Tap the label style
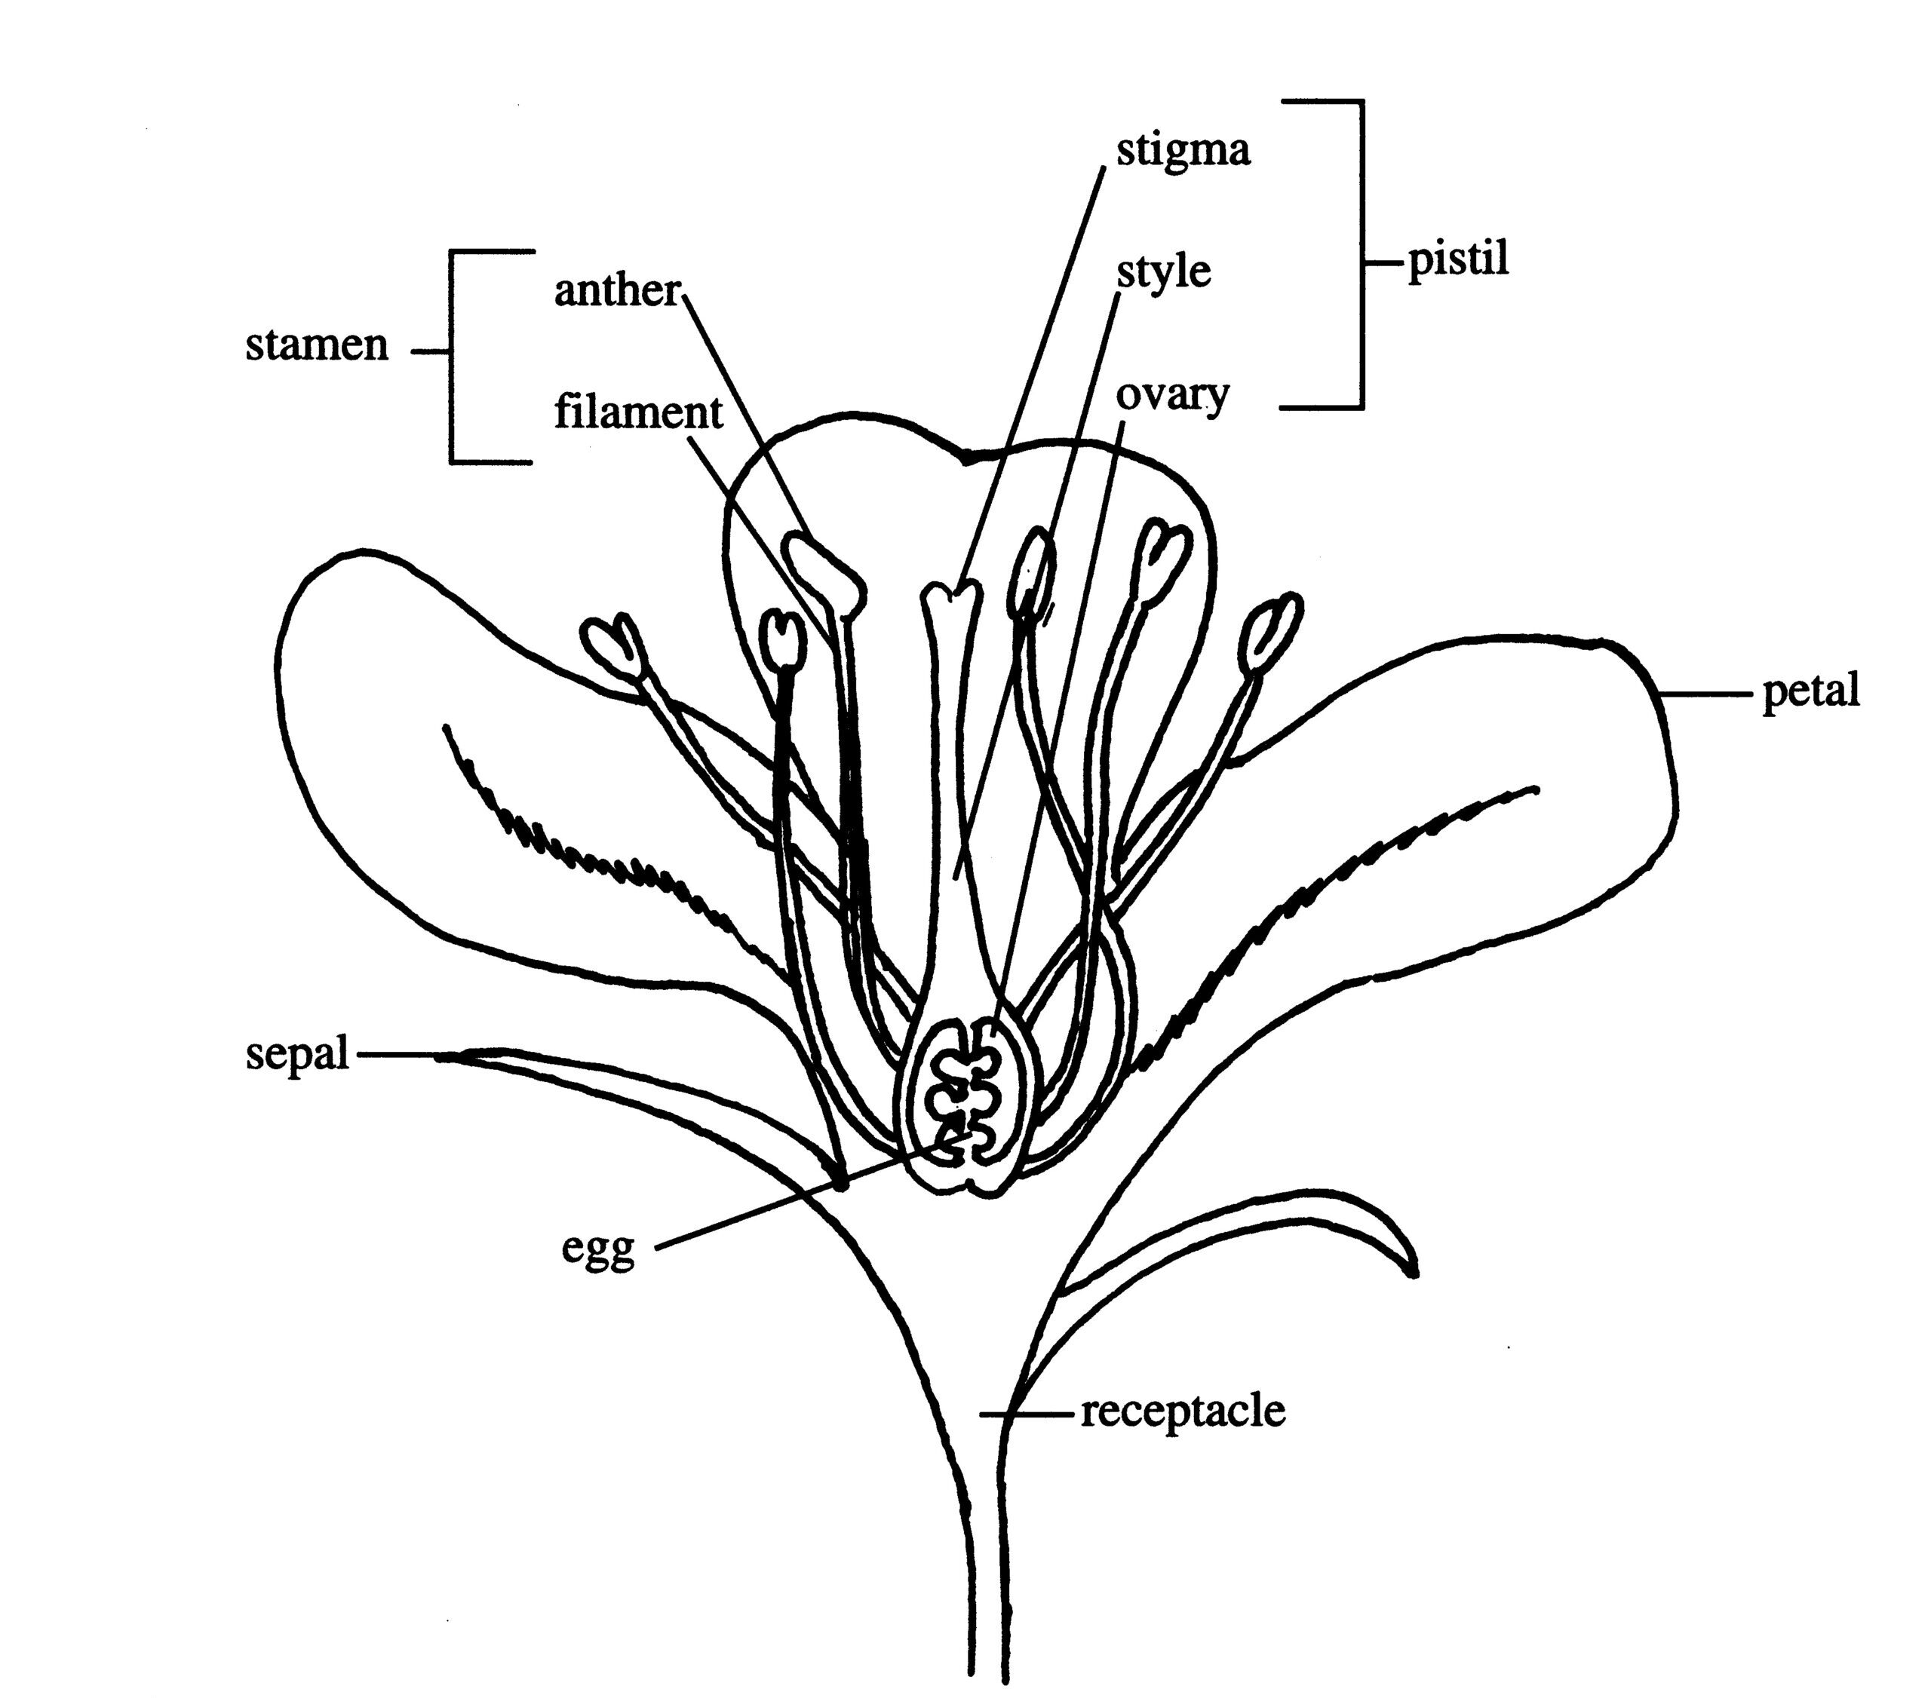[x=1163, y=273]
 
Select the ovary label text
[x=1171, y=396]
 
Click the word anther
[x=616, y=290]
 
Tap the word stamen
[x=317, y=345]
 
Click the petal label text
[x=1810, y=691]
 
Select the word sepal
[x=296, y=1053]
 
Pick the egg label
[x=598, y=1249]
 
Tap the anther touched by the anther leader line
[x=824, y=572]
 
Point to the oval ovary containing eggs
[x=968, y=1105]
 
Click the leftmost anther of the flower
[x=613, y=647]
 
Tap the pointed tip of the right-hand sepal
[x=1412, y=1271]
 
